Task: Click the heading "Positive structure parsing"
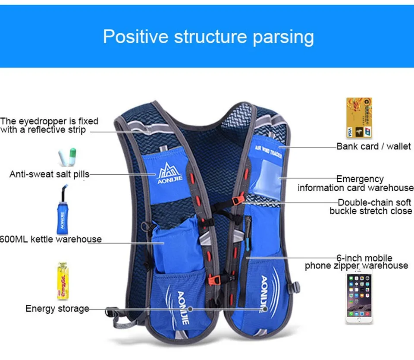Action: [x=208, y=37]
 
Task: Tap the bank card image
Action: [x=358, y=118]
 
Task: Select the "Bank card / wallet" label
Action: [x=373, y=146]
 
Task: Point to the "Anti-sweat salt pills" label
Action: [x=49, y=174]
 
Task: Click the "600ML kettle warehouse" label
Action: [x=50, y=239]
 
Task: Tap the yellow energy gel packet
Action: [x=63, y=281]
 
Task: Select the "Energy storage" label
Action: [x=57, y=308]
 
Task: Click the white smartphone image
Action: [x=359, y=298]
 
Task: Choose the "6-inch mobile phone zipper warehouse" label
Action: [x=356, y=262]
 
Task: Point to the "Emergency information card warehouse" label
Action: [x=355, y=183]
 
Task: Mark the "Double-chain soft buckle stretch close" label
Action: [x=371, y=206]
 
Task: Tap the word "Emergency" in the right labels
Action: [x=360, y=179]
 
